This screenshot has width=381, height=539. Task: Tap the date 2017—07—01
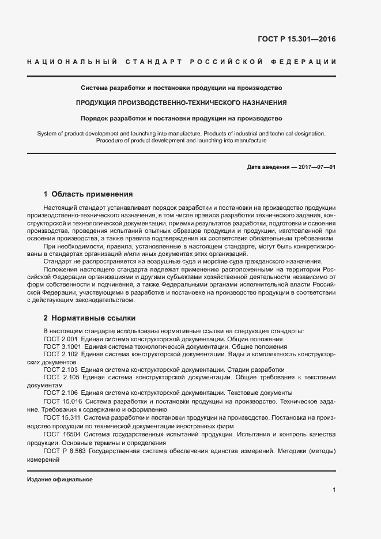click(316, 167)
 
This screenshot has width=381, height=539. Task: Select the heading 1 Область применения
click(88, 194)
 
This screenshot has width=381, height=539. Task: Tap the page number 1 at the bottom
click(334, 490)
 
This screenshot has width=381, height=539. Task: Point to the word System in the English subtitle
click(47, 133)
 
